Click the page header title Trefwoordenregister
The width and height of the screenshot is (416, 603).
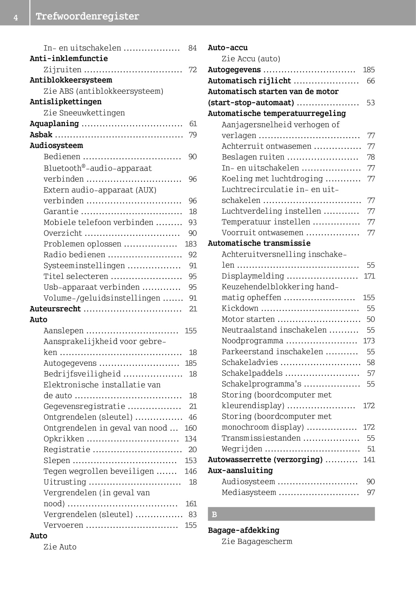[x=87, y=16]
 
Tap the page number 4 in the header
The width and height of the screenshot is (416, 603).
[x=16, y=17]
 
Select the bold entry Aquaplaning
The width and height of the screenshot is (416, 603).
[x=54, y=124]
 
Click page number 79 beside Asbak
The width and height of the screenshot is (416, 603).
[x=193, y=135]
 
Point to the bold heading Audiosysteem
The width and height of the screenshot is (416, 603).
[x=56, y=145]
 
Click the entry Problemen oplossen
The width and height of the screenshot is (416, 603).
[x=82, y=244]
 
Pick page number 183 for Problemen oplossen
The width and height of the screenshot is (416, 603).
[x=191, y=244]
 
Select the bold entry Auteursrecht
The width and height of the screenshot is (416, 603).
[x=55, y=309]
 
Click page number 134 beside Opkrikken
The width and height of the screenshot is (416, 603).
[x=191, y=439]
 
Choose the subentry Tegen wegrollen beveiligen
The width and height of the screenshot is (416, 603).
[x=99, y=471]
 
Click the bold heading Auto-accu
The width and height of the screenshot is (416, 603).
[x=228, y=48]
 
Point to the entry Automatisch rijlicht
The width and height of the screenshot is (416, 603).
[x=250, y=81]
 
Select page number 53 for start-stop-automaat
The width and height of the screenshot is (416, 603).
[x=370, y=103]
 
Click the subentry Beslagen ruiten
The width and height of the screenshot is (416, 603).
[x=253, y=157]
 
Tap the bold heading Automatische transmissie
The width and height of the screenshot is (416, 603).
[x=259, y=243]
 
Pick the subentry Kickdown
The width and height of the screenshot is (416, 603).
[x=240, y=308]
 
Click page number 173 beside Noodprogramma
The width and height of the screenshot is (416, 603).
[x=369, y=341]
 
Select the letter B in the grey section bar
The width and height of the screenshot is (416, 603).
[x=214, y=514]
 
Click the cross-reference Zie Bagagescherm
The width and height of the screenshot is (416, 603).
[x=257, y=541]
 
